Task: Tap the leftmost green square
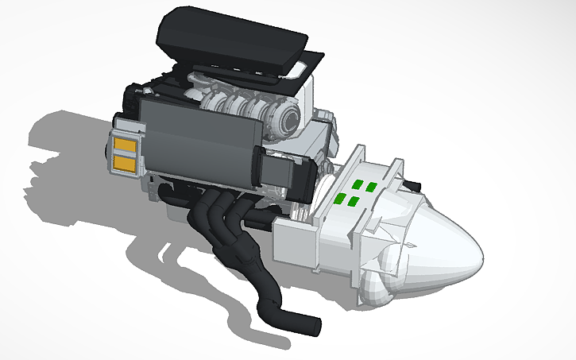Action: (x=339, y=199)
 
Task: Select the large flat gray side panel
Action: (x=199, y=143)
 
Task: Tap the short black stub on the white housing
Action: (x=414, y=185)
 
